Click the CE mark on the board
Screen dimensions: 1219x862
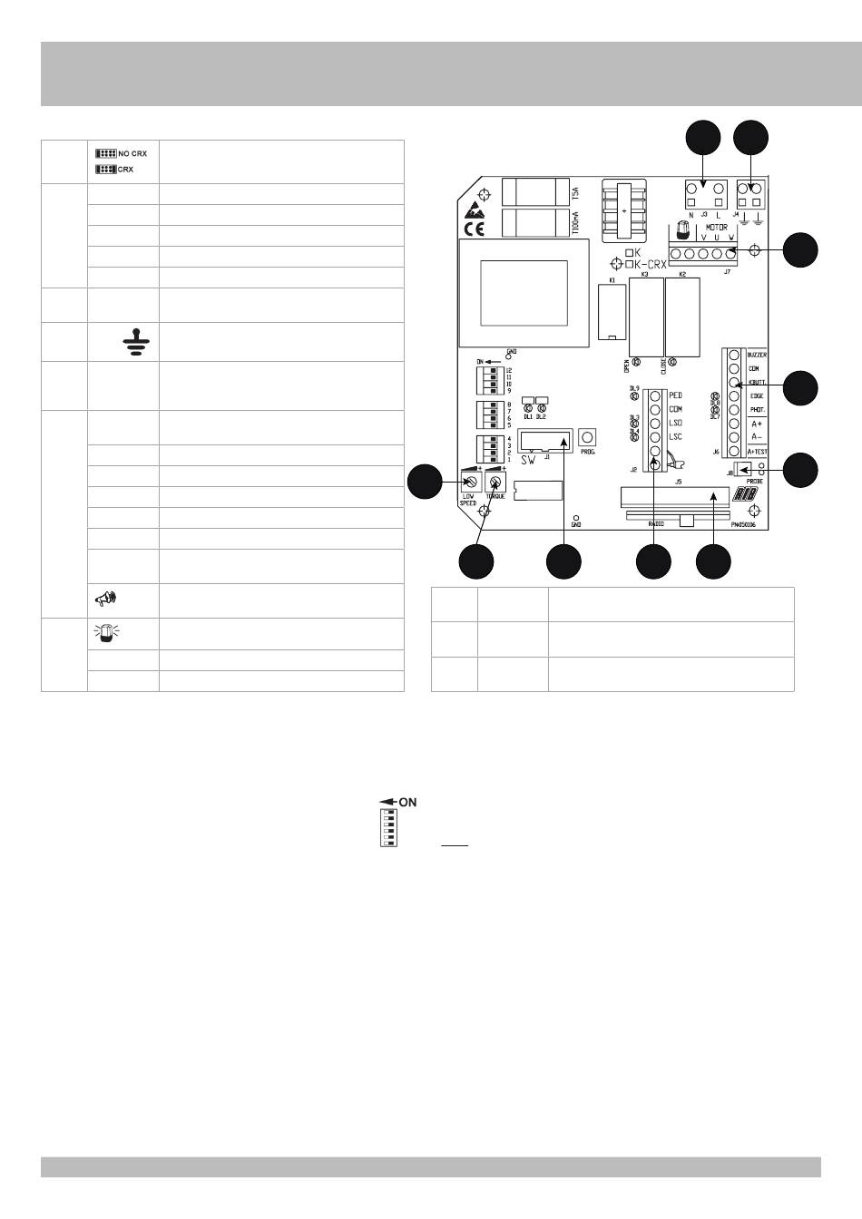[x=474, y=229]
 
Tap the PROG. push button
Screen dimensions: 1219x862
[x=586, y=437]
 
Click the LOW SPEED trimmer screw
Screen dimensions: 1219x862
[x=468, y=483]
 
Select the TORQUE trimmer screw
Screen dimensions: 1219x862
[x=495, y=483]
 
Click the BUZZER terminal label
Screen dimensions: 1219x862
[x=758, y=355]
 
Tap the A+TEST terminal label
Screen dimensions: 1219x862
[x=758, y=451]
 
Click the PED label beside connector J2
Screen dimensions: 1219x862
[x=675, y=395]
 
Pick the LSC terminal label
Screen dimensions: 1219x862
[x=675, y=437]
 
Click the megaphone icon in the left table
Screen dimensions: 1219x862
[x=105, y=599]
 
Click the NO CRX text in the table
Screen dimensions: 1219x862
[x=132, y=154]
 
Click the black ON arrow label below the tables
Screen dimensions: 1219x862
[x=398, y=803]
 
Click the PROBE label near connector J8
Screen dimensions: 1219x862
[x=755, y=481]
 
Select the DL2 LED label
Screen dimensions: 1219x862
[x=541, y=416]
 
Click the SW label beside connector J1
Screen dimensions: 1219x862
[x=528, y=459]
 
